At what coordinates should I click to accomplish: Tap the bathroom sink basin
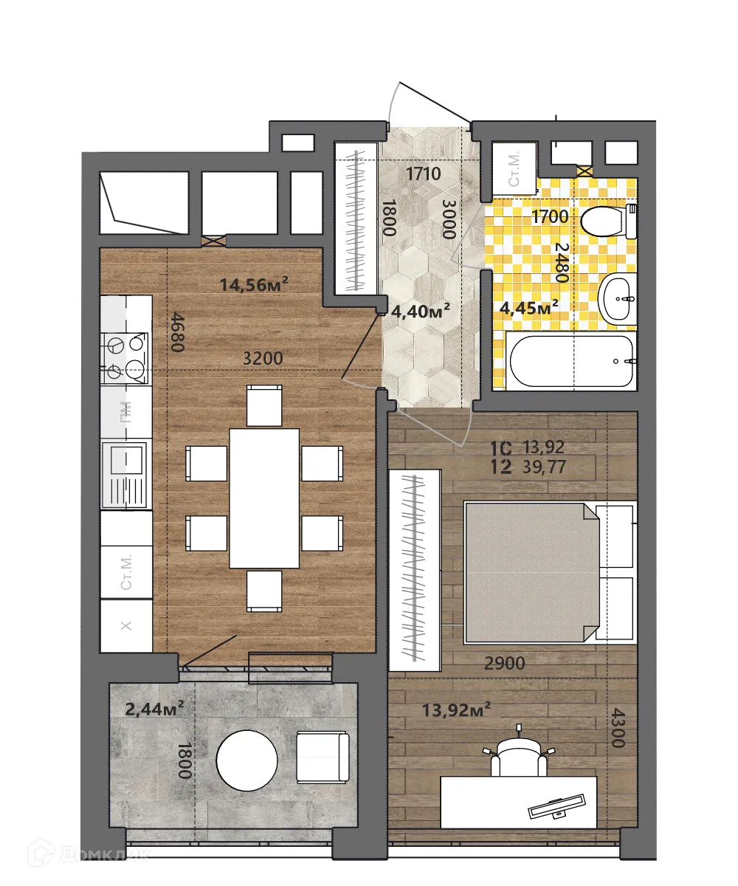[618, 299]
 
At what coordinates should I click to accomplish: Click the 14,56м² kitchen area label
[253, 283]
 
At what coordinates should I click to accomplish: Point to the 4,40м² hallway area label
[421, 312]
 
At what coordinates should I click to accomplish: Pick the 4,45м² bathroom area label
[528, 306]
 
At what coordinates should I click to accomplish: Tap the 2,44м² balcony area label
[154, 709]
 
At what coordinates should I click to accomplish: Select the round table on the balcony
[247, 759]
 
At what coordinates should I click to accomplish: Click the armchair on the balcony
[323, 757]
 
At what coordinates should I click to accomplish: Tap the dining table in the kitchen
[264, 498]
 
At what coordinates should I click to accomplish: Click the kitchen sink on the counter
[126, 473]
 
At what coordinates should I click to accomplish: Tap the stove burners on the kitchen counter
[125, 357]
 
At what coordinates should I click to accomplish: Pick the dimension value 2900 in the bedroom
[504, 663]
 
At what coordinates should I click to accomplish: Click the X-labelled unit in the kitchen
[126, 625]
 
